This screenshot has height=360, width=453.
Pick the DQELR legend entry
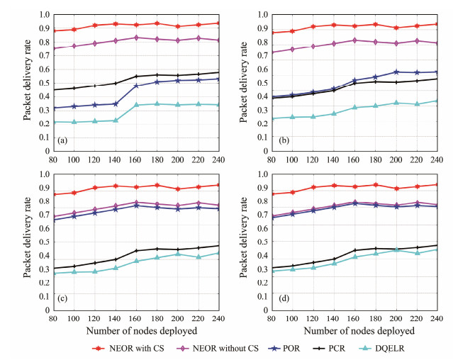(386, 348)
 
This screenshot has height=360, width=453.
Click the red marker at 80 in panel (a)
(54, 30)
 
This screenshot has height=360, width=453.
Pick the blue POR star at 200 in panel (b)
(396, 72)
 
